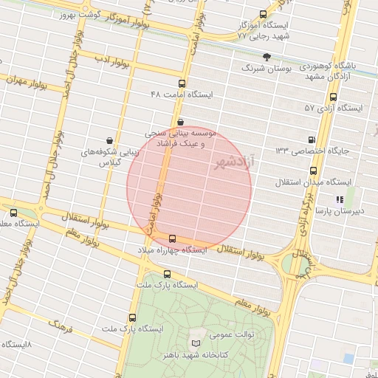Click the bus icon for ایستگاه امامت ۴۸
(182, 83)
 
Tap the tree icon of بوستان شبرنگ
(267, 56)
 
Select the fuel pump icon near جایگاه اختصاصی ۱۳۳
(311, 140)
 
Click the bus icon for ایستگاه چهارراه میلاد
(173, 238)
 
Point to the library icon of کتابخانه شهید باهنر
(196, 343)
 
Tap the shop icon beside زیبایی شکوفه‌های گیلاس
(109, 140)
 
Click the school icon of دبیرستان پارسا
(339, 199)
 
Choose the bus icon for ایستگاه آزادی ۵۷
(334, 97)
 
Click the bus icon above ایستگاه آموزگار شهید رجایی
(264, 14)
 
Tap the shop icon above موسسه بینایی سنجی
(180, 122)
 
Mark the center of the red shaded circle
(189, 188)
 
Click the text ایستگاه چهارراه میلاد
(172, 251)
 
